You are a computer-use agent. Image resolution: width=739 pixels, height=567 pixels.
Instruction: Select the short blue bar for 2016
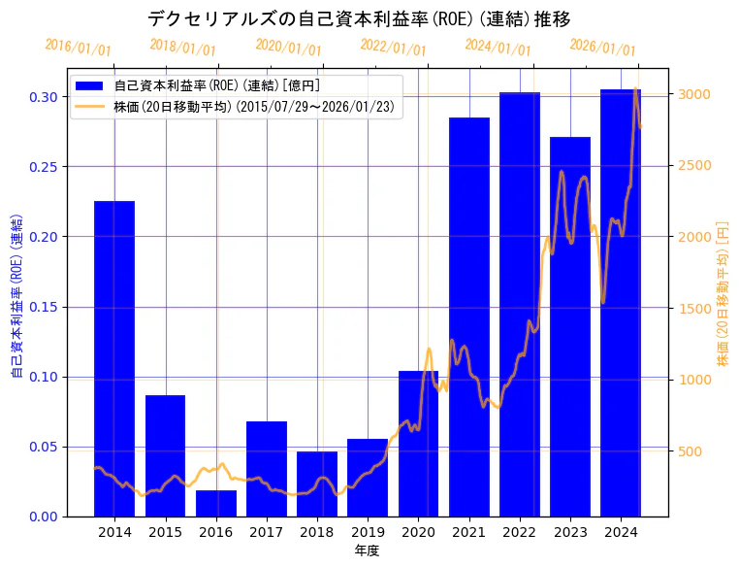(215, 503)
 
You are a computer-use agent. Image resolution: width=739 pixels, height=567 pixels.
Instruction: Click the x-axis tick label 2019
(368, 532)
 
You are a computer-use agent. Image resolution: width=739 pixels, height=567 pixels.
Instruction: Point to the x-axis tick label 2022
(519, 532)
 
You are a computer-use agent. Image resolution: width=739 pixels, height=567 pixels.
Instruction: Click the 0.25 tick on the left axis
(43, 167)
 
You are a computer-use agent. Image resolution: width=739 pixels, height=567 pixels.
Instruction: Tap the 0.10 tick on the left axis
(43, 377)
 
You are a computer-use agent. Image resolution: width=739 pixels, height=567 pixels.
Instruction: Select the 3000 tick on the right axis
(694, 94)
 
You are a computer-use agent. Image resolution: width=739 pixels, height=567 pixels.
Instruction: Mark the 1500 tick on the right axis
(694, 309)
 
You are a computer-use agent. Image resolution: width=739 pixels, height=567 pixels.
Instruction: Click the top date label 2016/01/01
(79, 48)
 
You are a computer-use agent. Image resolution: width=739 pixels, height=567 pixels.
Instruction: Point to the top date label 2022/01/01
(393, 48)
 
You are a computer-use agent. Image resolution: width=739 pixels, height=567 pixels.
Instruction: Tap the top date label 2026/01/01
(602, 48)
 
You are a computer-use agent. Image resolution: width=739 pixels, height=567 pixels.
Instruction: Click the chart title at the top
(359, 18)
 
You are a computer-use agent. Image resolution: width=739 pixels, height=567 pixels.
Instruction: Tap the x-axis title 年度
(367, 550)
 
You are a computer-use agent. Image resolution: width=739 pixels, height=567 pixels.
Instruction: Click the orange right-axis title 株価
(723, 292)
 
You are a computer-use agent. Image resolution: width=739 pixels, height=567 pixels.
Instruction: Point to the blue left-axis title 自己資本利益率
(16, 292)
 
